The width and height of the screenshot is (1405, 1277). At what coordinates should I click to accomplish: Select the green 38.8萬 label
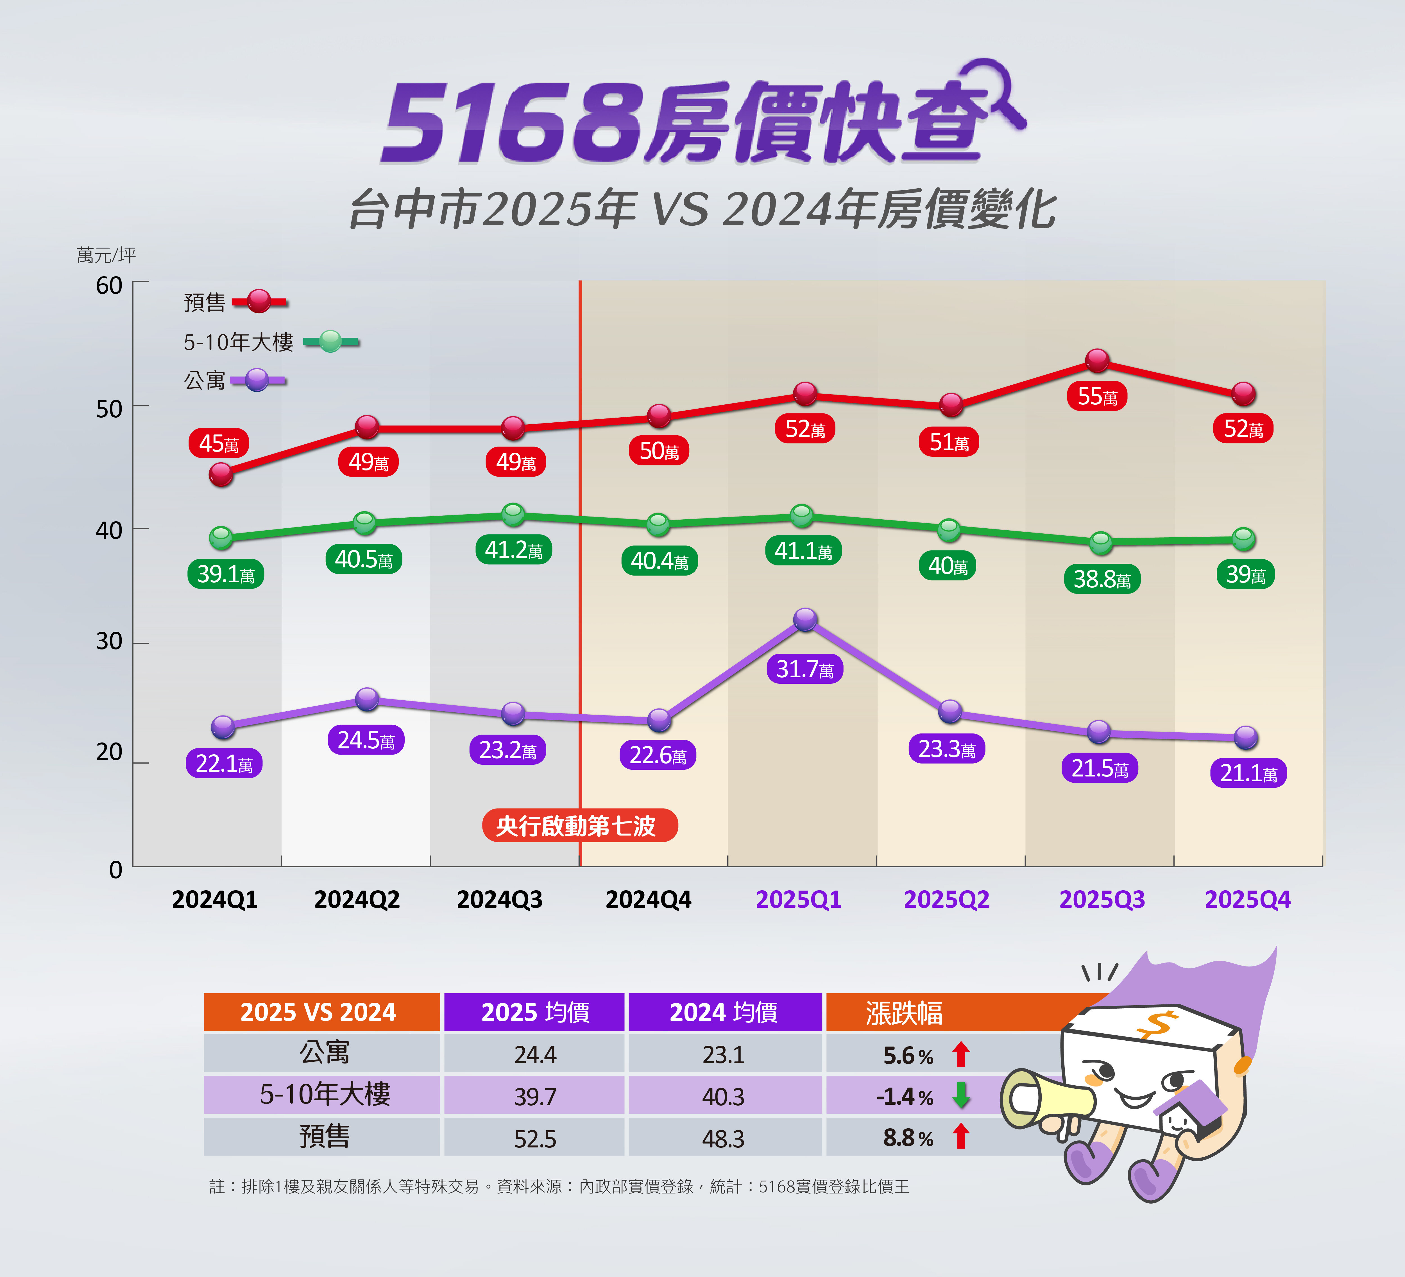click(1102, 579)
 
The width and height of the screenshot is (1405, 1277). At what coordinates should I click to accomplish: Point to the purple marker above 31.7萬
click(805, 619)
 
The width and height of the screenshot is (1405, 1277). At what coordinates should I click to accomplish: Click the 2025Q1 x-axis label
click(799, 899)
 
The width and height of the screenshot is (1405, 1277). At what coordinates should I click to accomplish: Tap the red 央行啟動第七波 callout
click(579, 825)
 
